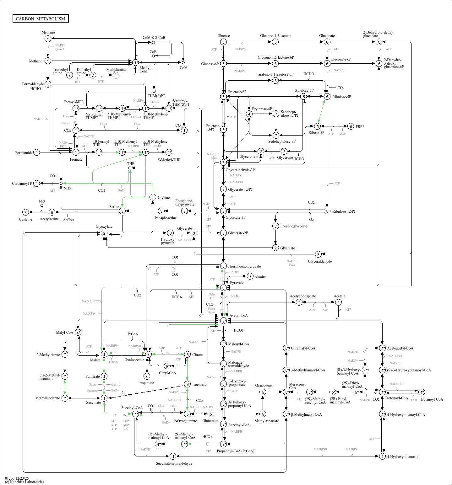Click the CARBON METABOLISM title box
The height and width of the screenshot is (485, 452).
tap(41, 19)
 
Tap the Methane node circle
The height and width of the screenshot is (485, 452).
tap(48, 39)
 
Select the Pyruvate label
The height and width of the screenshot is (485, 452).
tap(237, 283)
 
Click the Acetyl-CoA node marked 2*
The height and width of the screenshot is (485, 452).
tap(223, 321)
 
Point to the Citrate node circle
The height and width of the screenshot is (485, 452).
tap(187, 354)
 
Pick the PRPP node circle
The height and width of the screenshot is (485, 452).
tap(351, 126)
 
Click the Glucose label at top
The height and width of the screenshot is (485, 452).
tap(223, 36)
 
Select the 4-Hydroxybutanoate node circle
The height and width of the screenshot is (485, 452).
tap(382, 456)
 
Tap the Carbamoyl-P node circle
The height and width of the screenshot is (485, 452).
tap(37, 183)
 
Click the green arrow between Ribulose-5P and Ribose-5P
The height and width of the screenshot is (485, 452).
tap(321, 111)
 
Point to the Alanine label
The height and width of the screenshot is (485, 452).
tap(260, 277)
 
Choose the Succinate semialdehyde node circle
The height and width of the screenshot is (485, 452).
tap(173, 456)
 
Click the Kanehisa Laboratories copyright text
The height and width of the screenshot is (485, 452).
tap(25, 482)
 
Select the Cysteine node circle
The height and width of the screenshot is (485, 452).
tap(26, 212)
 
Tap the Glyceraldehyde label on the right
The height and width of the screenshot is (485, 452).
tap(320, 261)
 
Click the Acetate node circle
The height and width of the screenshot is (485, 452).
tap(338, 302)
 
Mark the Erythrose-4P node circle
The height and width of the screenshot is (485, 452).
tap(249, 114)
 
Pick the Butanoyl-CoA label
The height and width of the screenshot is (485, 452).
tap(432, 399)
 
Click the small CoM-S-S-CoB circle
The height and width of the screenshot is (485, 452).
tap(153, 42)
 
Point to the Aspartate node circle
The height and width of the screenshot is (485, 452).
tap(147, 376)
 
